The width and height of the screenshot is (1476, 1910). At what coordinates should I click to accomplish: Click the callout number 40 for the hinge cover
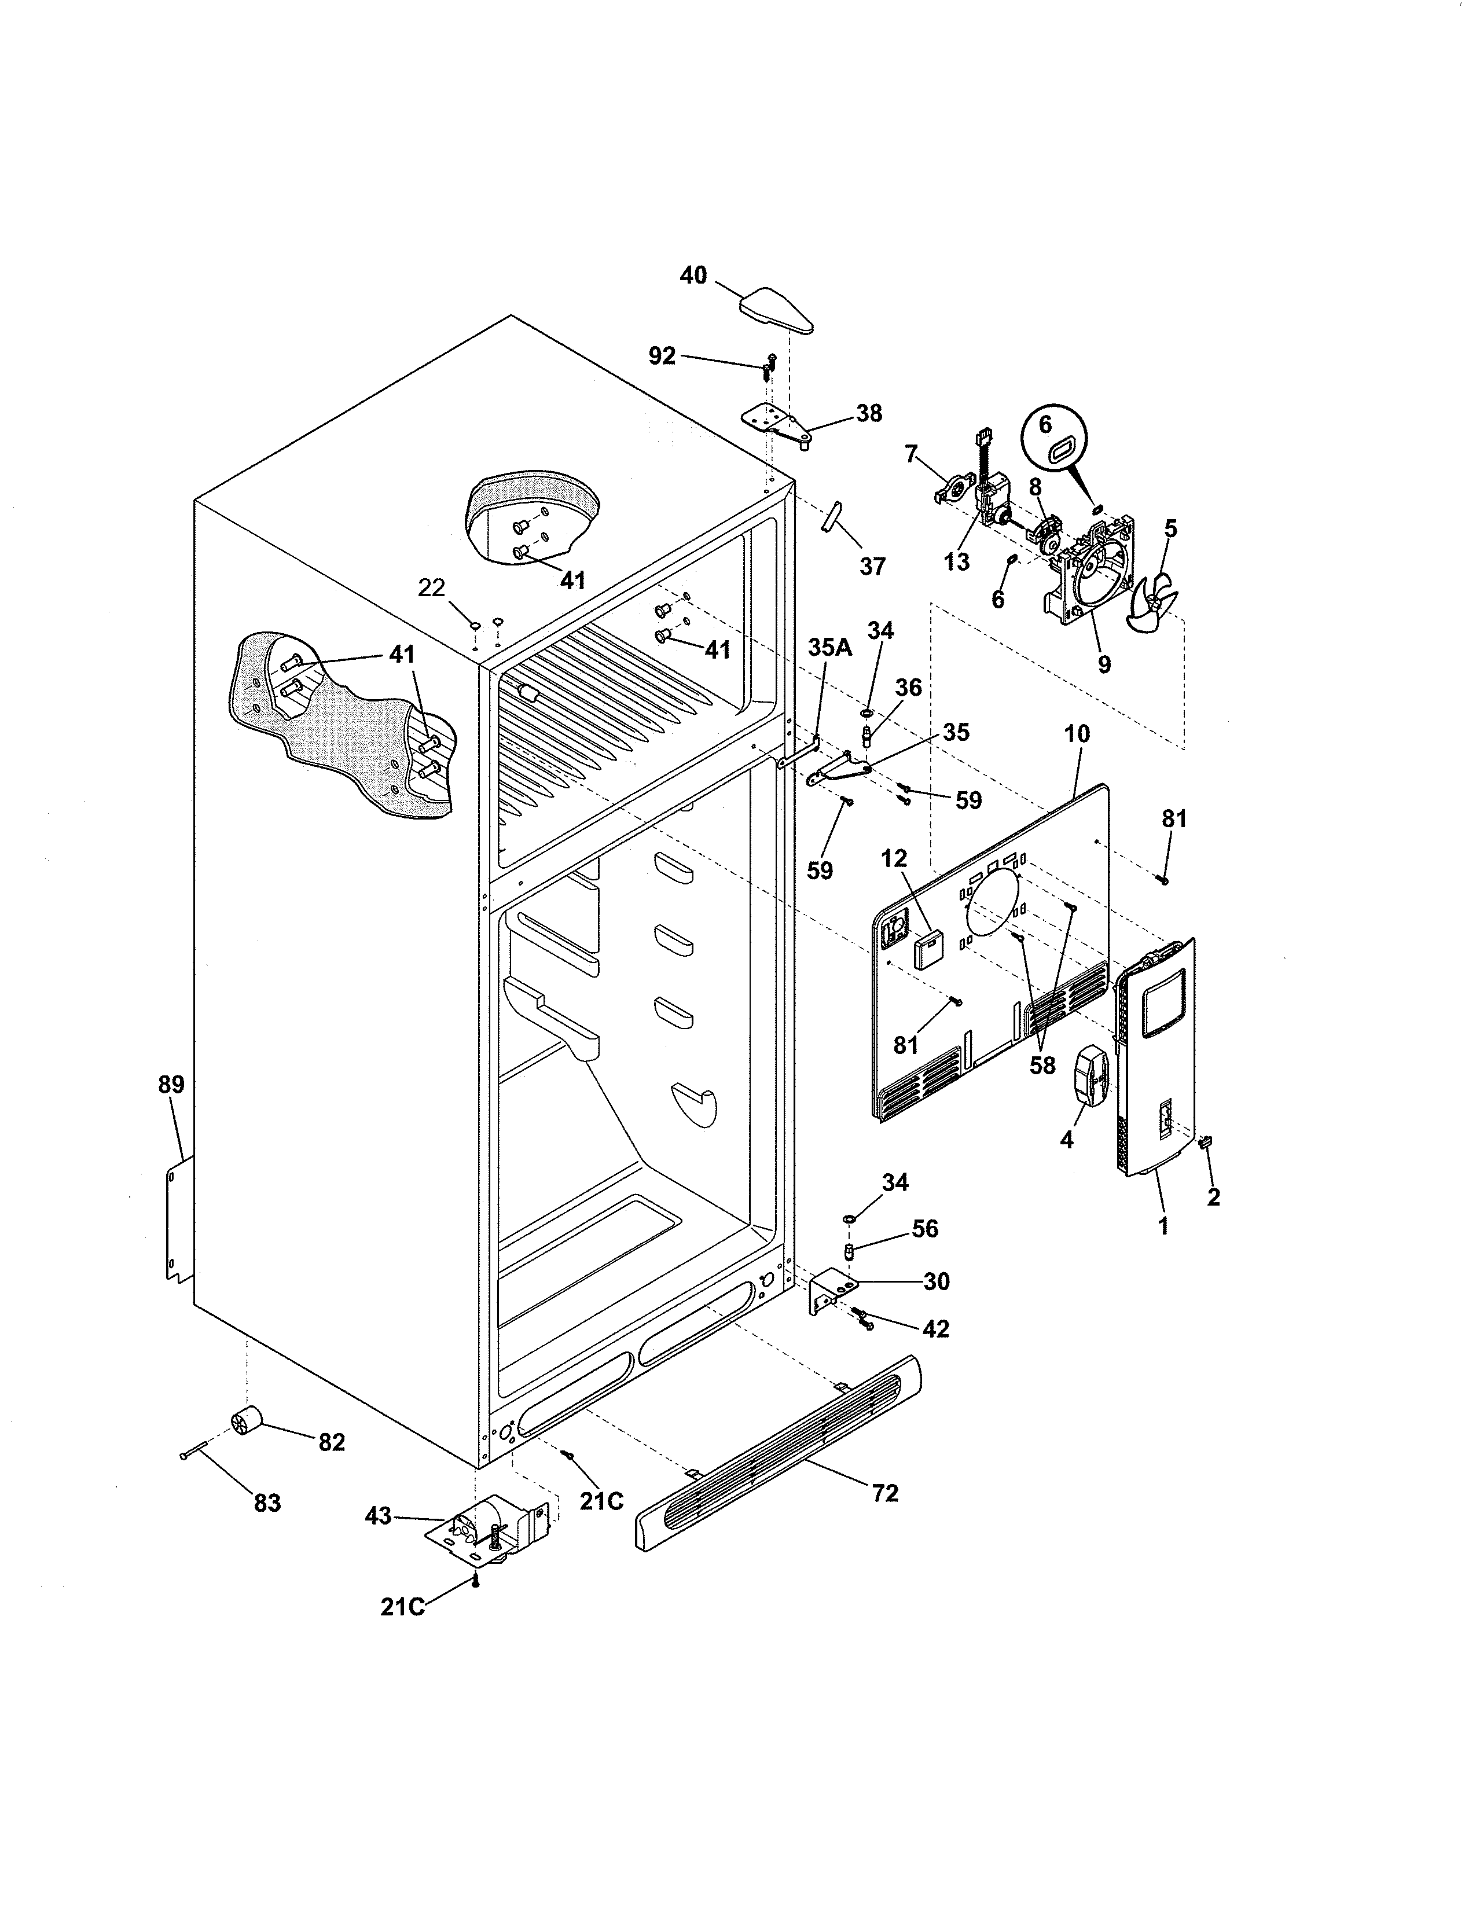tap(693, 276)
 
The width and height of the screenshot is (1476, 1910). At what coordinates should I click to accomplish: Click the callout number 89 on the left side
tap(171, 1085)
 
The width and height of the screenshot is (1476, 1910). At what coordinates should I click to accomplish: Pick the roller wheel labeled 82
tap(245, 1423)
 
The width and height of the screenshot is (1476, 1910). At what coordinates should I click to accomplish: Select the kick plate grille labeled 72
tap(778, 1456)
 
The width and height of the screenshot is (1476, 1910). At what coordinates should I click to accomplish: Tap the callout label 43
tap(378, 1516)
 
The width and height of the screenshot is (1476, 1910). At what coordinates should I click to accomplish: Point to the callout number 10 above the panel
tap(1077, 734)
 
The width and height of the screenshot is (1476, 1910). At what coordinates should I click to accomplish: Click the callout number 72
tap(885, 1493)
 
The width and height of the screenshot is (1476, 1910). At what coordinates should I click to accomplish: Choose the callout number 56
tap(924, 1229)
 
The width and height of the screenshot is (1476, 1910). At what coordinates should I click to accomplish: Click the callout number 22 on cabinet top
tap(431, 587)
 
